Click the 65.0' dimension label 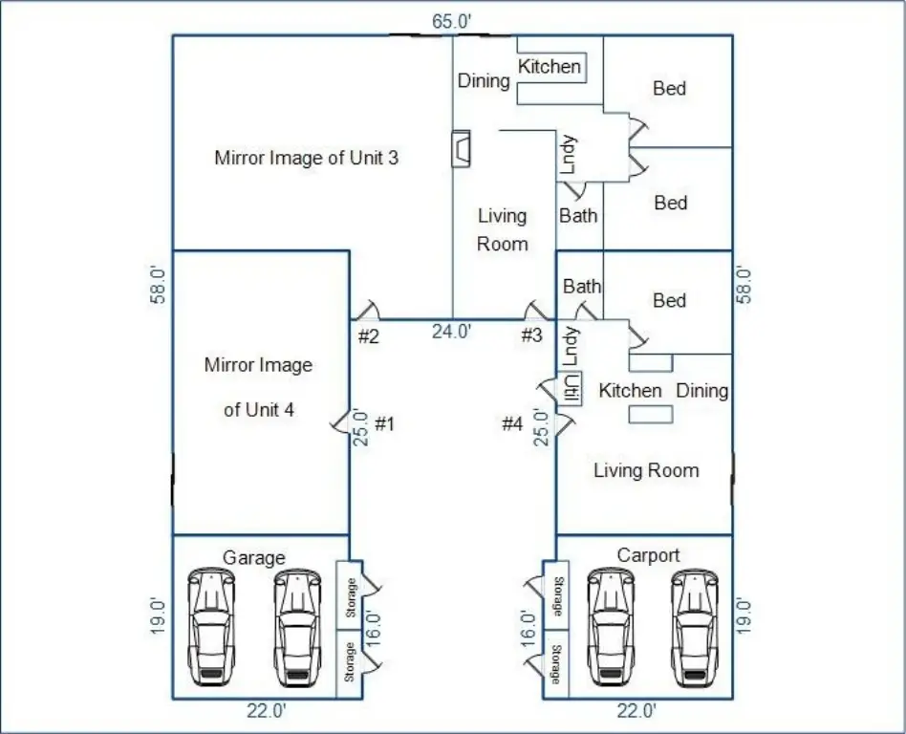tap(447, 21)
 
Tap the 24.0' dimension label tap(451, 332)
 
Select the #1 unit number tap(384, 423)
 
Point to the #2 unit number tap(369, 335)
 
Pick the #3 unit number tap(531, 335)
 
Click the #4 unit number tap(513, 423)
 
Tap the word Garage tap(253, 557)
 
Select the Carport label tap(648, 555)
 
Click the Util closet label tap(572, 389)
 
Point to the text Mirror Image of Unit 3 tap(306, 158)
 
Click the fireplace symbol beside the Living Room tap(462, 149)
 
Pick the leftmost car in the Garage tap(210, 625)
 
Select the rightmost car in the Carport tap(694, 625)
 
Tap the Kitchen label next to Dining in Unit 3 tap(550, 67)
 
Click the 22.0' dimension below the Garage tap(266, 711)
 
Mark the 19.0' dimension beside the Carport tap(744, 616)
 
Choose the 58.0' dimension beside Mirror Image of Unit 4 tap(160, 284)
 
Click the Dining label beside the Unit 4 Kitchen tap(702, 390)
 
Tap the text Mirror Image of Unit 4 tap(258, 387)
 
